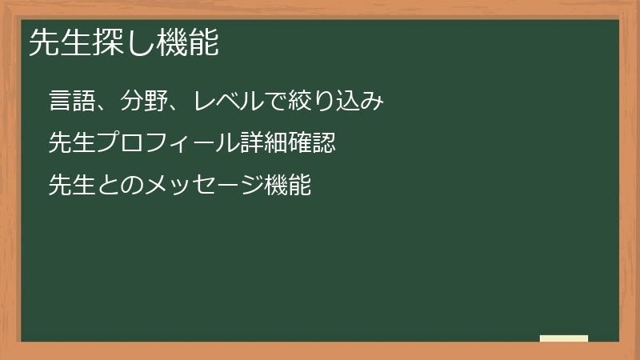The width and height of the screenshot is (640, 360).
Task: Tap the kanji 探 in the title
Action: [107, 43]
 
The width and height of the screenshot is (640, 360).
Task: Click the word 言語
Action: [72, 102]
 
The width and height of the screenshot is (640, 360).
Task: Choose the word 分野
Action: [145, 102]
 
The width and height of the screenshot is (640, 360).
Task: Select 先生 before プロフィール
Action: [72, 143]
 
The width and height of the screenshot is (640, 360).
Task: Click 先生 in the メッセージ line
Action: [72, 185]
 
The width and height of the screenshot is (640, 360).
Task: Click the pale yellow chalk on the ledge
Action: [564, 338]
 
